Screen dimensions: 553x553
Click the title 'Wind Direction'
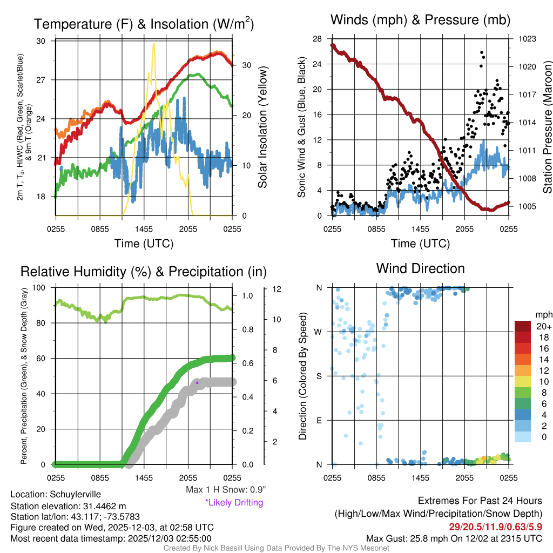click(x=420, y=268)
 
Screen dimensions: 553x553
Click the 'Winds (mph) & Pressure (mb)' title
click(x=420, y=21)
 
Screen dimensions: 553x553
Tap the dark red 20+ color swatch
click(x=523, y=326)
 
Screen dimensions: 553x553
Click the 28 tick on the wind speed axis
click(x=318, y=38)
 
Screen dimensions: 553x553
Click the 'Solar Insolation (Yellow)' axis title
click(x=263, y=127)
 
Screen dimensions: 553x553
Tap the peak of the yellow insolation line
click(x=154, y=44)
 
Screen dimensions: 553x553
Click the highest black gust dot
click(x=481, y=52)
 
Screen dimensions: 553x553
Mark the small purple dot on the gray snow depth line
click(x=197, y=383)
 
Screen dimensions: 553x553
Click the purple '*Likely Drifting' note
click(x=234, y=502)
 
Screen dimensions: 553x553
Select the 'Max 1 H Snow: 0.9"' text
click(x=225, y=490)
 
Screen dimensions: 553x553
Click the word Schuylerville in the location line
click(x=75, y=494)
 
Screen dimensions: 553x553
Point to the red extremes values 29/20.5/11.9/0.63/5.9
click(x=495, y=526)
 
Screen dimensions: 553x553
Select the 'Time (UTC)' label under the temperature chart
click(x=144, y=244)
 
